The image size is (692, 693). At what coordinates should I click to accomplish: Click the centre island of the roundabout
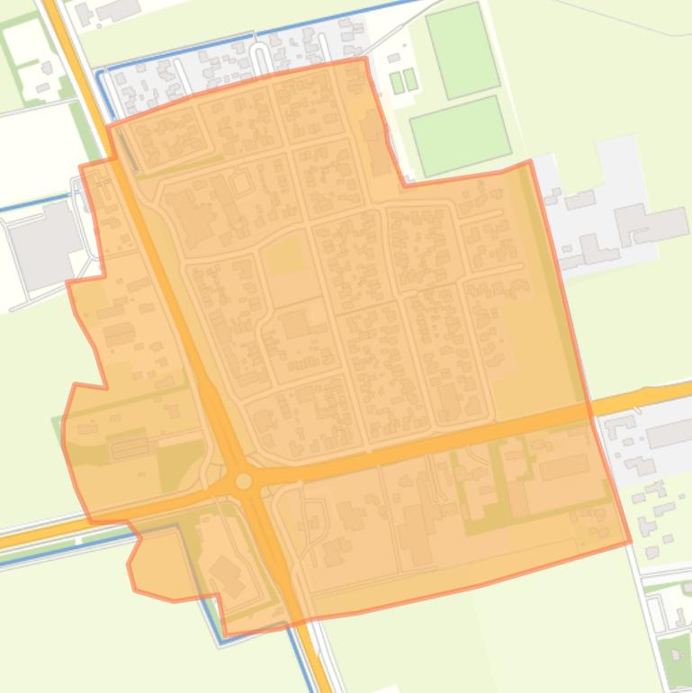coord(244,481)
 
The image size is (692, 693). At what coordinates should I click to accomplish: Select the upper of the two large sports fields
coord(462,49)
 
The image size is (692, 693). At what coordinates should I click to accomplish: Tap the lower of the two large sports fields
coord(460,135)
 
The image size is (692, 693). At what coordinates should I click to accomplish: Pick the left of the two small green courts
coord(397,82)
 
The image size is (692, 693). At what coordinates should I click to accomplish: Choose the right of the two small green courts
coord(410,79)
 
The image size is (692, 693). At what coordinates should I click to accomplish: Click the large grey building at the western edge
coord(43,246)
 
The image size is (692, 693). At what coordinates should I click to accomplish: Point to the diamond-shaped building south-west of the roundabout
coord(227,575)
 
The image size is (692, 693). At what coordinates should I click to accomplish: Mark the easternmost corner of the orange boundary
coord(629,542)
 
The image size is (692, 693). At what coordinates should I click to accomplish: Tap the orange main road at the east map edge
coord(670,393)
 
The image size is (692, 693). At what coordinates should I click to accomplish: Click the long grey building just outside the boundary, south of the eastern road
coord(670,435)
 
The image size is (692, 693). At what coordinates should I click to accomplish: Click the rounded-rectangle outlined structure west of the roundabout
coord(129,447)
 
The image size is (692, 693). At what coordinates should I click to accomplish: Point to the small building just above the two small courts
coord(394,59)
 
